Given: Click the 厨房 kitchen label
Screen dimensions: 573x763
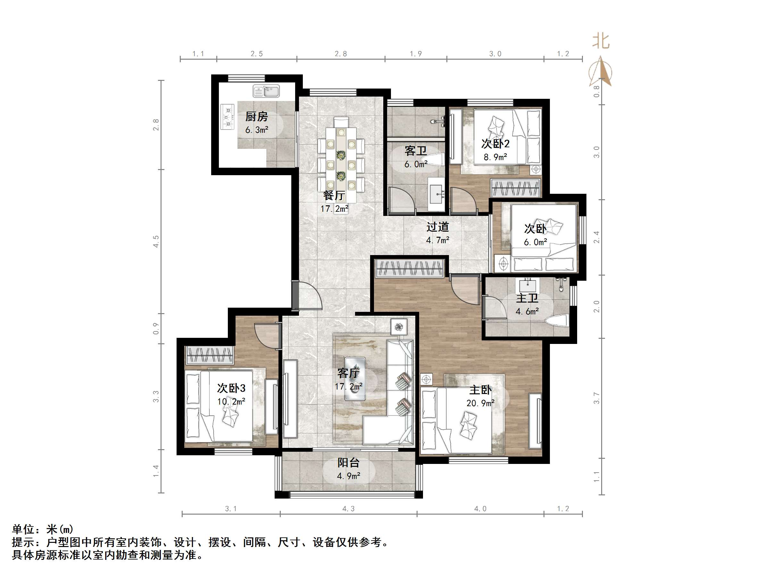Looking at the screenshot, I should (256, 117).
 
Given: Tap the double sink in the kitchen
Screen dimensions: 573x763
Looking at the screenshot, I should (266, 91).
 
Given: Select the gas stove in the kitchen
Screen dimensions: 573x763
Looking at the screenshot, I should (227, 117).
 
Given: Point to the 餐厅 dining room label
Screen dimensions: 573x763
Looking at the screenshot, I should (334, 195).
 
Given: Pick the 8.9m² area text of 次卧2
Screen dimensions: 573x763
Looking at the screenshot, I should (495, 157).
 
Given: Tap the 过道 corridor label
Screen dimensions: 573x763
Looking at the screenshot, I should (437, 227).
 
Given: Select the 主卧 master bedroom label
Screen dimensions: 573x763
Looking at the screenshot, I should (480, 390).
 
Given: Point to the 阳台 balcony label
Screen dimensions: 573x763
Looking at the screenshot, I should (348, 463).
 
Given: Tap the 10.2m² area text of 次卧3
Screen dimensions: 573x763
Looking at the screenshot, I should (231, 401).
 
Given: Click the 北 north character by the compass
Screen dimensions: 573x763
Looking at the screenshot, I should (601, 41).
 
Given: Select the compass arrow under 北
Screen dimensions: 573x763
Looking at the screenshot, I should (601, 72).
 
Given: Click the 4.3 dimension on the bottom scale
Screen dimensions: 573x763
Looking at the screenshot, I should (348, 509).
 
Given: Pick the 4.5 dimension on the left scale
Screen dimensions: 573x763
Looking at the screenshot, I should (156, 241).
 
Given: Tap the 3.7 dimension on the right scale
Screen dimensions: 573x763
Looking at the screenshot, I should (596, 398).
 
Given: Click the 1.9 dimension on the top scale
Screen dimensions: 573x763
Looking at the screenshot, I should (416, 54).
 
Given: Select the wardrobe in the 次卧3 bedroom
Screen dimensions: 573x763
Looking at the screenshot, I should (209, 355).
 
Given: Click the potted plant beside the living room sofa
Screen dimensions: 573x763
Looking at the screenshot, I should (399, 327).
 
